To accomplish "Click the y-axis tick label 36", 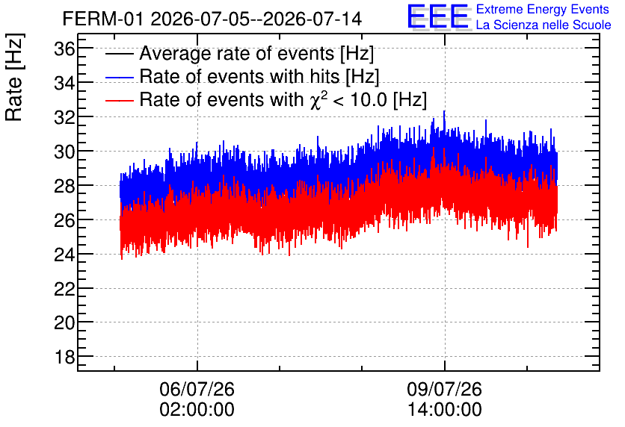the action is [64, 49].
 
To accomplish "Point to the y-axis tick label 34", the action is [64, 84].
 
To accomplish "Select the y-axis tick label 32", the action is [64, 118].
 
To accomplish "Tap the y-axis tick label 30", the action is [64, 152].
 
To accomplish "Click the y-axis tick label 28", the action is [64, 186].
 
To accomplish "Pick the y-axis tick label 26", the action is [64, 220].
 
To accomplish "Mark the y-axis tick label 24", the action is [64, 255].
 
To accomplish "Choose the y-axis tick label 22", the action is [64, 289].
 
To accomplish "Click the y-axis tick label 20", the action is [64, 323].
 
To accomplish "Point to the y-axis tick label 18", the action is [64, 358].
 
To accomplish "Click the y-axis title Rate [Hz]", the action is [14, 77].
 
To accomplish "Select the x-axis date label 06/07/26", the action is [197, 389].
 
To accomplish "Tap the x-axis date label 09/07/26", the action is [444, 389].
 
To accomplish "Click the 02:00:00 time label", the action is [197, 410].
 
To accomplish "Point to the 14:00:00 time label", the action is [444, 410].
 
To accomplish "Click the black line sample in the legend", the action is [119, 54].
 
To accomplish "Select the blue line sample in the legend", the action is [119, 77].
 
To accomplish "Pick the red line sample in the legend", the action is [119, 100].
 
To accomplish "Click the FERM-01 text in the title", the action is [102, 19].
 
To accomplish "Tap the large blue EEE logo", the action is [438, 16].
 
